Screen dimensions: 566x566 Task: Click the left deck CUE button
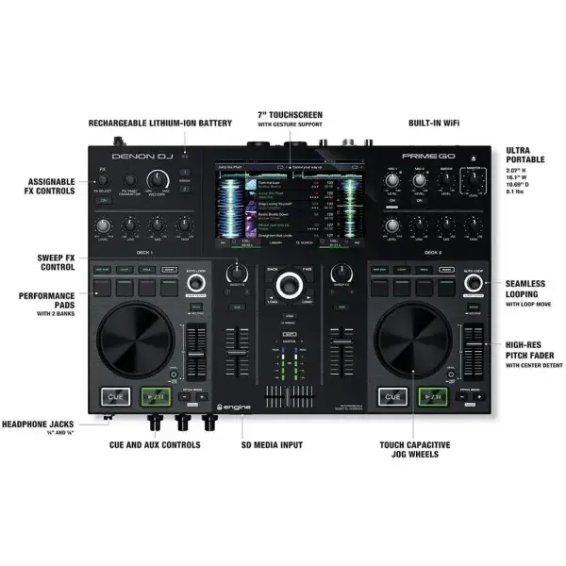[x=110, y=397]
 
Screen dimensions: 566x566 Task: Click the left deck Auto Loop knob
[x=195, y=283]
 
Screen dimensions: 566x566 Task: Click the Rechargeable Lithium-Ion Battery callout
[x=160, y=123]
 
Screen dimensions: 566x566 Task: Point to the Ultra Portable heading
[x=524, y=156]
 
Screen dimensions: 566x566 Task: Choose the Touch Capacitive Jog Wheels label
[x=415, y=449]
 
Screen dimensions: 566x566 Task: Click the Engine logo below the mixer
[x=233, y=408]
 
